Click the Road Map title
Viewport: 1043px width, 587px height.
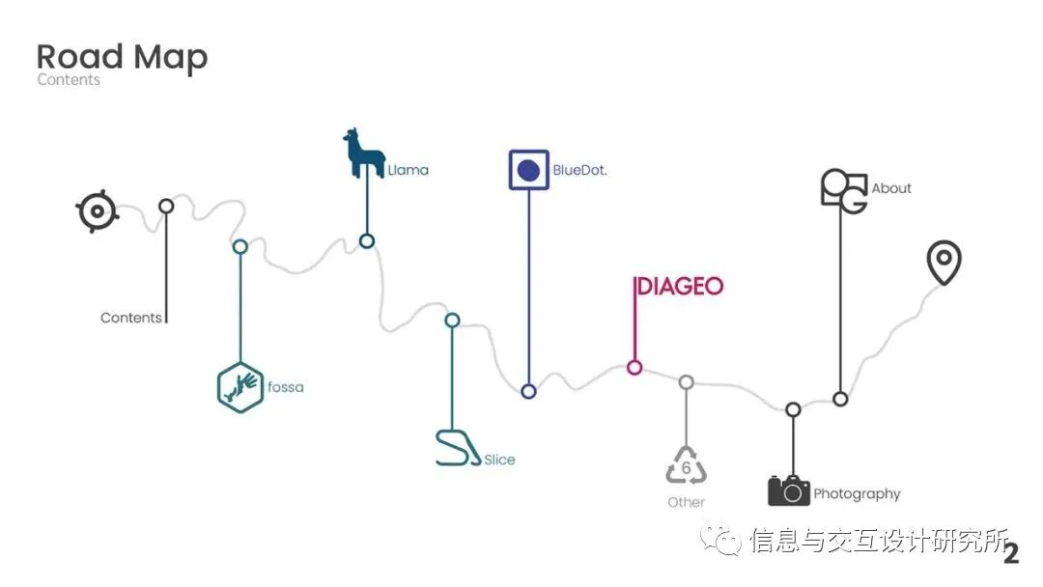point(122,57)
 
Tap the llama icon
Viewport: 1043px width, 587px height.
point(362,154)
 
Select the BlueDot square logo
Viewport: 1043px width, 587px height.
point(528,170)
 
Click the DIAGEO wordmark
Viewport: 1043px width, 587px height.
point(679,286)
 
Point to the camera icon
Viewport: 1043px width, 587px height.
point(788,489)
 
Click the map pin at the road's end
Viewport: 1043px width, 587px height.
point(944,263)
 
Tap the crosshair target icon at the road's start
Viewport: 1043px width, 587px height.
point(98,210)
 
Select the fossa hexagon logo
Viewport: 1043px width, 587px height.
point(240,386)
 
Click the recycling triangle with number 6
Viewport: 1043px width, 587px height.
point(686,467)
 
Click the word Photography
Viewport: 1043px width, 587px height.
point(857,493)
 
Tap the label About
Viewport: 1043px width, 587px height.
point(890,188)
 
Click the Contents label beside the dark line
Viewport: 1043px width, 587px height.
point(131,318)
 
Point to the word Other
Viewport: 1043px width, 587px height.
point(686,502)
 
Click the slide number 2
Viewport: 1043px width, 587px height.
point(1011,553)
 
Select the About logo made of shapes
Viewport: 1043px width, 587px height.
point(843,189)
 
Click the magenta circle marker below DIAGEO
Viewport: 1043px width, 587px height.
point(634,367)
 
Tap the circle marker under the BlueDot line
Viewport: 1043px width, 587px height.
point(528,391)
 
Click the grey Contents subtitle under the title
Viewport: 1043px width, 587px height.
point(69,80)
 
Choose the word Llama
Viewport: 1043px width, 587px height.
point(408,170)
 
